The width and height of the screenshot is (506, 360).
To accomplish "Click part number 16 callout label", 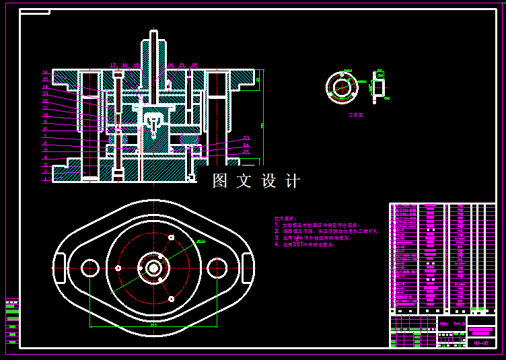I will pos(45,72).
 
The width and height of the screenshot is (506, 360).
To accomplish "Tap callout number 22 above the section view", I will pos(194,65).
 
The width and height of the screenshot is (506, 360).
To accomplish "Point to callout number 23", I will pos(246,138).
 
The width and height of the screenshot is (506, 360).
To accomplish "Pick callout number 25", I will pos(246,152).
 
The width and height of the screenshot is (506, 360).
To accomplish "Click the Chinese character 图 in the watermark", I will pos(221,181).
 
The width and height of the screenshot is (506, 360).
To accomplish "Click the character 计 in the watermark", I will pos(293,181).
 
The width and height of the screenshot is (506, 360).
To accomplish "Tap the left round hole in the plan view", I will pos(89,268).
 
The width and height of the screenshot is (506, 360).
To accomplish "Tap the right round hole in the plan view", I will pos(217,268).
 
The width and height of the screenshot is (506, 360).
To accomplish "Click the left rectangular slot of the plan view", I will pos(59,268).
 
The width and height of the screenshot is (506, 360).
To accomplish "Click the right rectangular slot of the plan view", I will pos(248,268).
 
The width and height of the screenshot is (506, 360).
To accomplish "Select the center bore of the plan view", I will pos(153,268).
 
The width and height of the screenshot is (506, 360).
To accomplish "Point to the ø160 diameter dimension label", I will pos(201,241).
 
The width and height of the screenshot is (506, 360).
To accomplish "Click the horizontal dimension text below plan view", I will pos(153,326).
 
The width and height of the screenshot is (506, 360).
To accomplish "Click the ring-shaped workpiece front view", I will pos(342,88).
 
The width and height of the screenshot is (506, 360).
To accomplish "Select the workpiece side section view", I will pos(379,87).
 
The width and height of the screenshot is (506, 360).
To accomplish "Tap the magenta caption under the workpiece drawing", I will pos(355,115).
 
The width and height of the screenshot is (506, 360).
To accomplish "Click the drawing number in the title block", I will pos(480,343).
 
